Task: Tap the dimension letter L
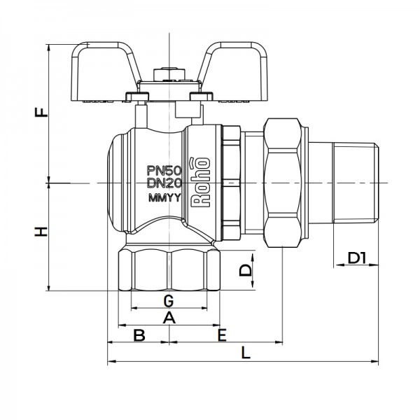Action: (245, 353)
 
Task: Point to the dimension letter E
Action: (222, 335)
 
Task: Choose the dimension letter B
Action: (139, 335)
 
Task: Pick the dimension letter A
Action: (168, 318)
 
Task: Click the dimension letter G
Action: (168, 301)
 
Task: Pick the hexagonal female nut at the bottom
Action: (168, 269)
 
